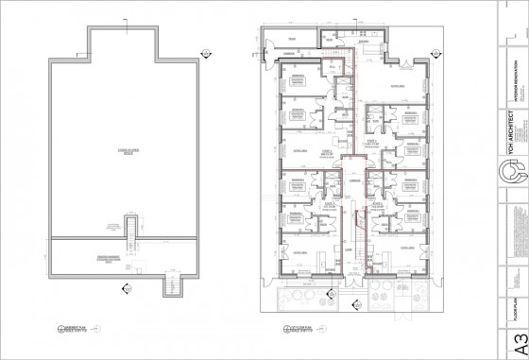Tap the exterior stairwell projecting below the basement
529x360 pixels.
click(173, 283)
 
